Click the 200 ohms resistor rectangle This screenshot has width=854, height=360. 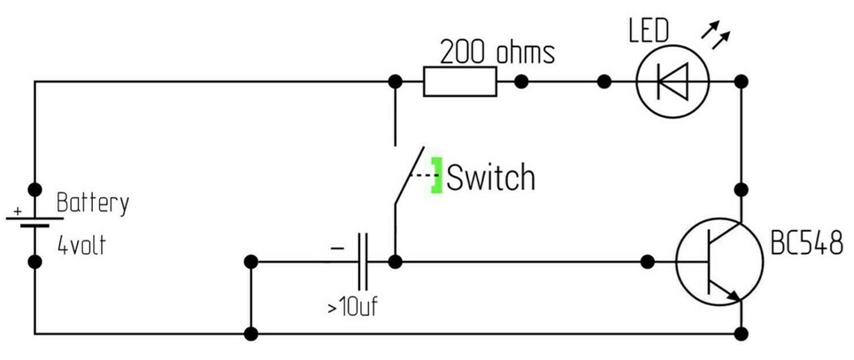(x=459, y=82)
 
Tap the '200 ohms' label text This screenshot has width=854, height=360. (x=497, y=52)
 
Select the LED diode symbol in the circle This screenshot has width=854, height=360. (x=673, y=82)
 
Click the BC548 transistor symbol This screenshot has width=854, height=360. (x=719, y=263)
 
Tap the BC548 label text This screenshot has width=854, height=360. (x=805, y=245)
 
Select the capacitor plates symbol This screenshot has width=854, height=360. (x=362, y=262)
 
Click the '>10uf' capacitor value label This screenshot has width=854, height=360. (x=352, y=309)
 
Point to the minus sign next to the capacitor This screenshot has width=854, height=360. (x=337, y=249)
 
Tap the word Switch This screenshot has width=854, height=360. (x=491, y=178)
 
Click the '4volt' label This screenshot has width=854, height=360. (x=81, y=245)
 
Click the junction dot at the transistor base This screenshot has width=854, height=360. (x=648, y=262)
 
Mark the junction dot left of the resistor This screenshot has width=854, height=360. (x=395, y=82)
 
